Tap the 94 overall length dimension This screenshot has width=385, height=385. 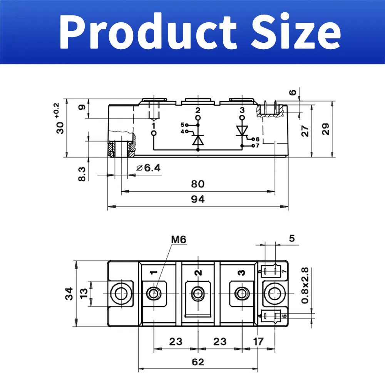pyautogui.click(x=198, y=199)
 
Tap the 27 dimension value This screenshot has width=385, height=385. pyautogui.click(x=305, y=131)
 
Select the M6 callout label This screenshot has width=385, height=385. pyautogui.click(x=178, y=239)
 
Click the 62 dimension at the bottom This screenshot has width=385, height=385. pyautogui.click(x=198, y=362)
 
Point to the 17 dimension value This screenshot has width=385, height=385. pyautogui.click(x=259, y=341)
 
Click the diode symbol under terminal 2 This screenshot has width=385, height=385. pyautogui.click(x=198, y=139)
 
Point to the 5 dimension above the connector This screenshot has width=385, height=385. pyautogui.click(x=292, y=238)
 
